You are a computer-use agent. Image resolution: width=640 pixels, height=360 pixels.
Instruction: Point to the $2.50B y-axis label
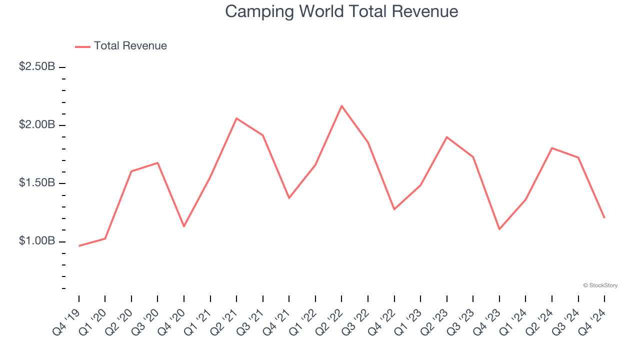pyautogui.click(x=37, y=66)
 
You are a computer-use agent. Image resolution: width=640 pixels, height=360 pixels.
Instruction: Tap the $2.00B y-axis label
pyautogui.click(x=37, y=124)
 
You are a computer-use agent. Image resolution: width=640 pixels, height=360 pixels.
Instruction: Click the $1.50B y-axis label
pyautogui.click(x=37, y=183)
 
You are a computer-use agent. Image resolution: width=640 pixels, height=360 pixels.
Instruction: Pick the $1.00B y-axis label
pyautogui.click(x=37, y=241)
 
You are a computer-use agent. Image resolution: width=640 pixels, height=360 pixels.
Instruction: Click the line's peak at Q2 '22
pyautogui.click(x=341, y=105)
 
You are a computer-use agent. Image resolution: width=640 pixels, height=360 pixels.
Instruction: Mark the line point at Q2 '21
pyautogui.click(x=236, y=118)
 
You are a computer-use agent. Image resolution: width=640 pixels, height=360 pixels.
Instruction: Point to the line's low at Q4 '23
pyautogui.click(x=499, y=229)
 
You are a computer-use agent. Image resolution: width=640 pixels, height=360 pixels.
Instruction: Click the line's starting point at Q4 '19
pyautogui.click(x=79, y=246)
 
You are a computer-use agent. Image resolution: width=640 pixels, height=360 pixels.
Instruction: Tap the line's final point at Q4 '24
pyautogui.click(x=604, y=217)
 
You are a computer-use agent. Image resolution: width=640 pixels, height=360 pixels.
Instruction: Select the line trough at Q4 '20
pyautogui.click(x=184, y=226)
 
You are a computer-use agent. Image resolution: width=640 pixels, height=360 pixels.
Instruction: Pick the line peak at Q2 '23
pyautogui.click(x=446, y=137)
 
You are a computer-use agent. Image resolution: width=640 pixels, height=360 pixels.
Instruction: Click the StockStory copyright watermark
pyautogui.click(x=600, y=285)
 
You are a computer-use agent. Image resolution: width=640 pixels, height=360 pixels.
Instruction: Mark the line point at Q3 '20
pyautogui.click(x=158, y=163)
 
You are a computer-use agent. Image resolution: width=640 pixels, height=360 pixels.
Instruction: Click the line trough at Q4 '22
pyautogui.click(x=394, y=209)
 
